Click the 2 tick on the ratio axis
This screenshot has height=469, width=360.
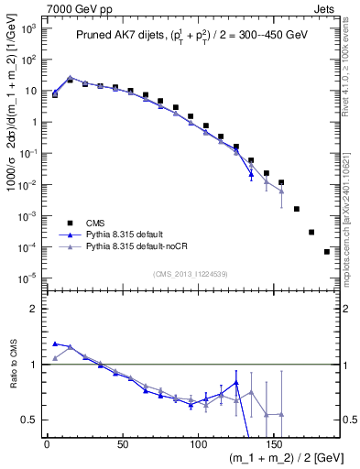pos(33,309)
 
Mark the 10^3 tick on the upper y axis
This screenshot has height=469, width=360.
pos(27,28)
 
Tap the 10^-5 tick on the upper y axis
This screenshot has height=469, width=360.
pos(27,278)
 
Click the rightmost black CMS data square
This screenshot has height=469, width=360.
pos(327,252)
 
